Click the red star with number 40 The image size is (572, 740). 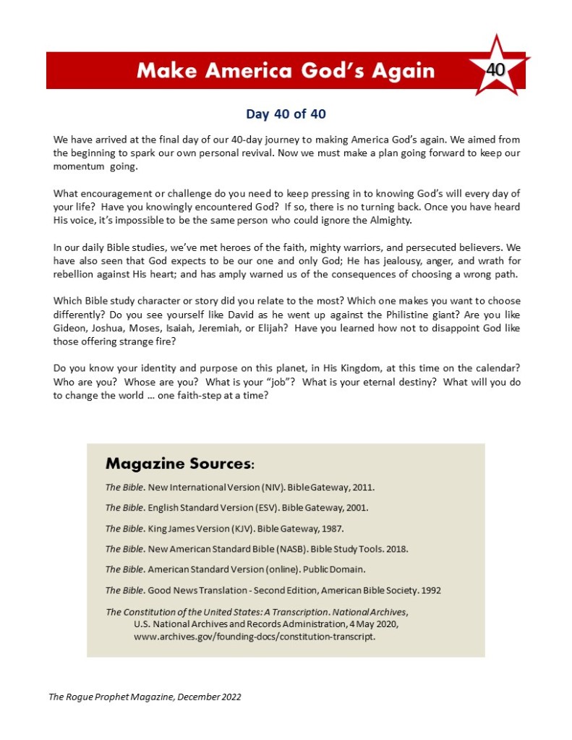[496, 69]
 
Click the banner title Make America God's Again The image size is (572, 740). [286, 70]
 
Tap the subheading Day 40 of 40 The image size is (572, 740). [286, 114]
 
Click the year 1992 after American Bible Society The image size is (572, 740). [428, 590]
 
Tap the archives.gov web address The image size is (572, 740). [255, 638]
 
